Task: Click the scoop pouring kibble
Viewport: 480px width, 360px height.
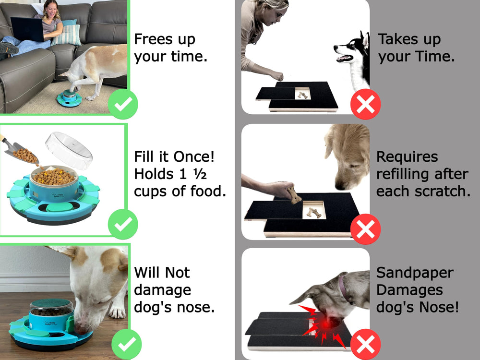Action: tap(19, 152)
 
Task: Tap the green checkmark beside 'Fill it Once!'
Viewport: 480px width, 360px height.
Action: tap(123, 224)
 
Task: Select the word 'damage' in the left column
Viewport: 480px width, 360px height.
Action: tap(162, 290)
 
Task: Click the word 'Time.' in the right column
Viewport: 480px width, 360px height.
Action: tap(434, 56)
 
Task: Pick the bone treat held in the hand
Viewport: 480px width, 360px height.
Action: tap(294, 194)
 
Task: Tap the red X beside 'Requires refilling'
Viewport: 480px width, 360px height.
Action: tap(366, 229)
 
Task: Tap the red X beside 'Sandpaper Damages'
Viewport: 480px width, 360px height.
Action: tap(366, 344)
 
